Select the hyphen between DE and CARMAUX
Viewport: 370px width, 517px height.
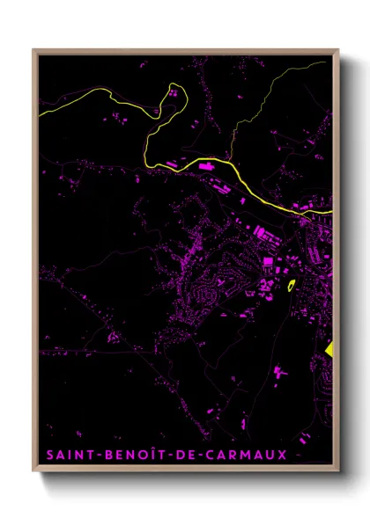[x=201, y=455]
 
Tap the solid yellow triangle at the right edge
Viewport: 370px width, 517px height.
[x=329, y=348]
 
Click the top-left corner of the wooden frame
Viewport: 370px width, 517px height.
[x=34, y=50]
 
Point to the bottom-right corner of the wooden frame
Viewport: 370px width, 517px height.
[x=338, y=472]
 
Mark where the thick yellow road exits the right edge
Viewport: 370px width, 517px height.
[x=333, y=212]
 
